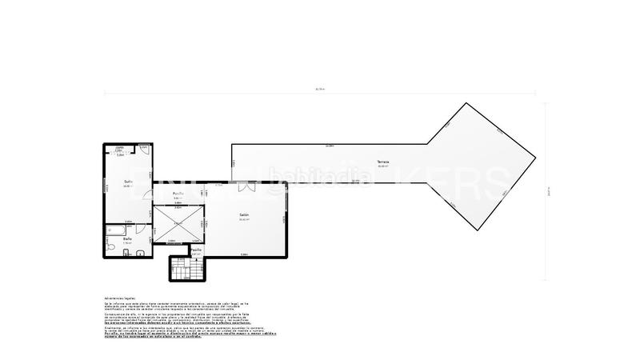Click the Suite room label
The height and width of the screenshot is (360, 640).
coord(128,182)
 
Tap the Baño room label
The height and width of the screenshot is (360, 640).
coord(128,238)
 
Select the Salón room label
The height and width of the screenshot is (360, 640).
coord(244,214)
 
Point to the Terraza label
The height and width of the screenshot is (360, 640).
coord(383,163)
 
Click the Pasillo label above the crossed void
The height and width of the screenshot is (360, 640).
coord(179,194)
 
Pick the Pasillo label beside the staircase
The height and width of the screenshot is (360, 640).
coord(196,250)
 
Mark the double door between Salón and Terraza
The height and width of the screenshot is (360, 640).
coord(248,188)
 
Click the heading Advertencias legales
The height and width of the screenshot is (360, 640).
coord(120,296)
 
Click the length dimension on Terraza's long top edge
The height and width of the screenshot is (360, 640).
coord(330,146)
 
